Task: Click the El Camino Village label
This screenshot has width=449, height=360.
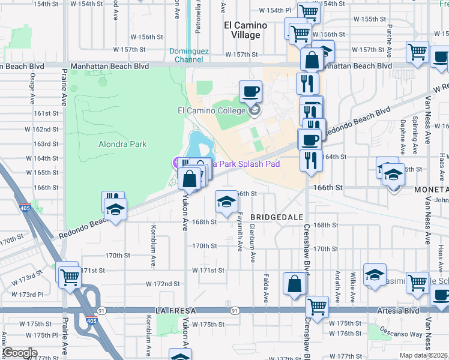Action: point(242,30)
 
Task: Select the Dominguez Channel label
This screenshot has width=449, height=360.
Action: point(189,55)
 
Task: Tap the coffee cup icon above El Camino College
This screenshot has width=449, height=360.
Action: point(250,92)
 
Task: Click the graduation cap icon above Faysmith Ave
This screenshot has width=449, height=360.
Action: point(226,201)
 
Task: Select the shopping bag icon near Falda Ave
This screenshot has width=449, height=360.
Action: point(295,284)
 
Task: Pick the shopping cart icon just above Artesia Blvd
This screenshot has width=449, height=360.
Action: point(317,306)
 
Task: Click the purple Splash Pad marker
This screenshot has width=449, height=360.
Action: point(178,162)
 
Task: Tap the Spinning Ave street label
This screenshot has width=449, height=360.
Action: point(415,134)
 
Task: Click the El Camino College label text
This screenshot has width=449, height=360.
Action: point(211,110)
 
